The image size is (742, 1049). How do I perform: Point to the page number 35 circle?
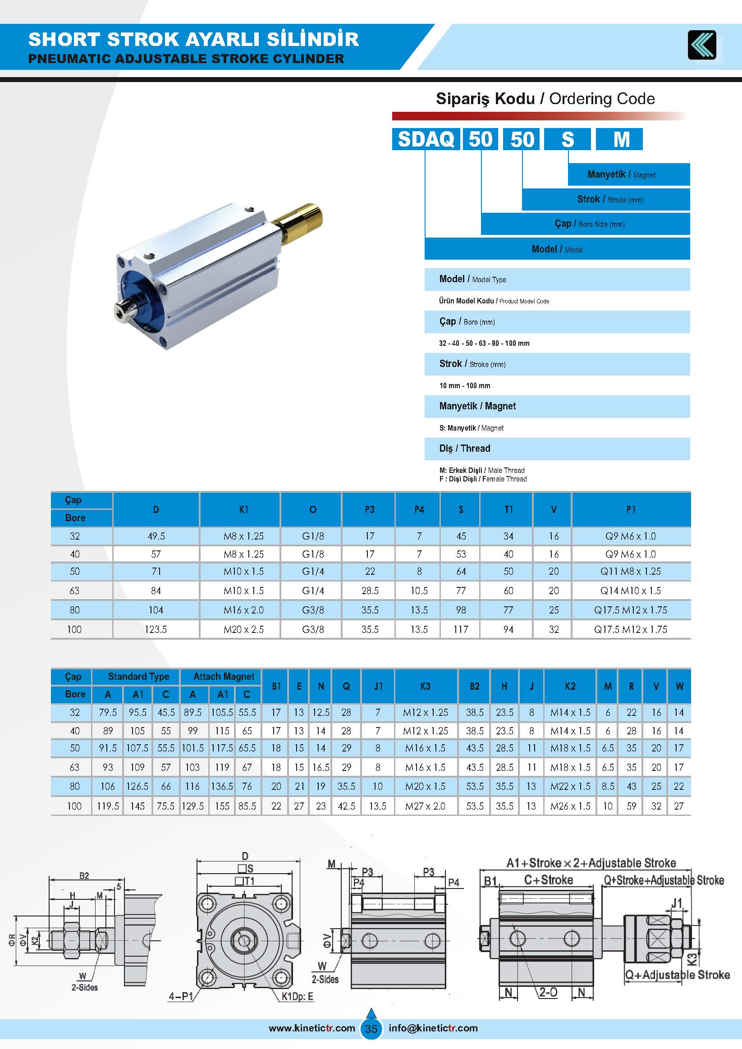(x=371, y=1028)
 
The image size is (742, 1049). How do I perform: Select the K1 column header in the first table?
(x=243, y=509)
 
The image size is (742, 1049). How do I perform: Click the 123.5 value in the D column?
(x=156, y=630)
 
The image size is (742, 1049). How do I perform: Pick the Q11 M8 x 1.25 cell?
(x=631, y=572)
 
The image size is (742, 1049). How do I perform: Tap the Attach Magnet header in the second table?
(x=224, y=677)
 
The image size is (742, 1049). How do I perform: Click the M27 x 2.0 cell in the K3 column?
(x=425, y=806)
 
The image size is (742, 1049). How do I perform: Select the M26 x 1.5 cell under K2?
(x=570, y=806)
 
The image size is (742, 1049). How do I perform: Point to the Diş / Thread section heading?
(x=465, y=449)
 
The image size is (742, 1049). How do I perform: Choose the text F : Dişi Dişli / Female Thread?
(x=483, y=479)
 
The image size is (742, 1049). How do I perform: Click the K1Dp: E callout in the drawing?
(x=298, y=996)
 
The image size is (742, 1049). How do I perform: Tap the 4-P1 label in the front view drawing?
(x=181, y=996)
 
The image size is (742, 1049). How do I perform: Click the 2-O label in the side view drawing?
(x=548, y=992)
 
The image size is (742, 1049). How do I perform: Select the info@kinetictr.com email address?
(x=433, y=1028)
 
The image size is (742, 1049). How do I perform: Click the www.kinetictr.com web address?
(x=311, y=1028)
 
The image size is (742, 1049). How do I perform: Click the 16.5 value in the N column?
(x=321, y=768)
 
